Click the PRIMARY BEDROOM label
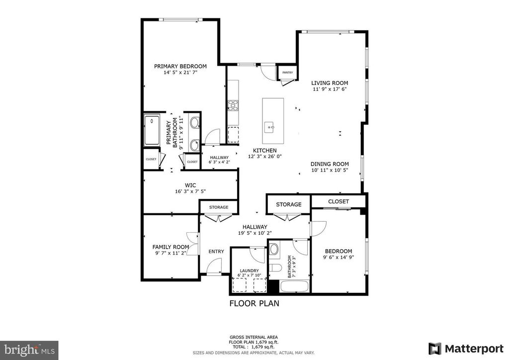(x=180, y=66)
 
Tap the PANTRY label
(x=287, y=73)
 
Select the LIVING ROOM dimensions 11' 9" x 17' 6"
(x=329, y=90)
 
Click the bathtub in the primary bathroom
(x=152, y=130)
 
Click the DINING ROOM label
(x=330, y=164)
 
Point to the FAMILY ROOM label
(x=170, y=247)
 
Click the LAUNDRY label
(x=249, y=270)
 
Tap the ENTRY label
(x=216, y=252)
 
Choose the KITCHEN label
(x=264, y=150)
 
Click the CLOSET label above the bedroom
(x=338, y=201)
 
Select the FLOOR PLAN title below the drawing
(x=254, y=303)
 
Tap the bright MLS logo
(x=29, y=349)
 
